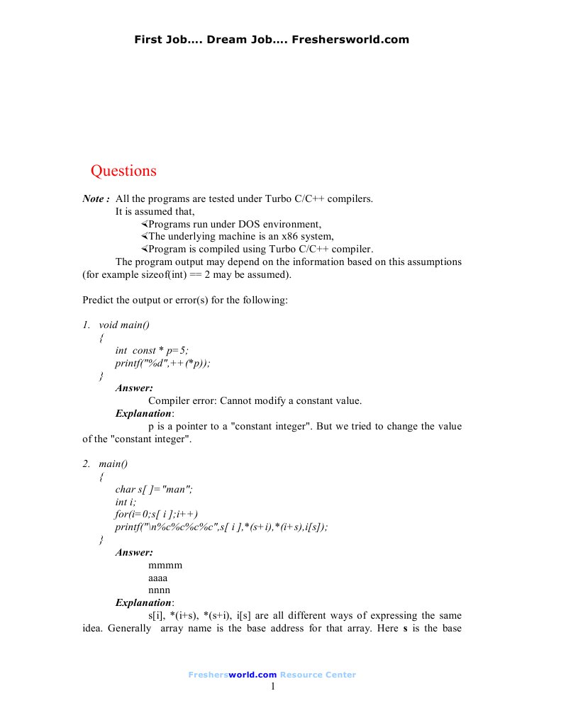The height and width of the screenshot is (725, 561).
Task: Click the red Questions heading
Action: click(x=123, y=171)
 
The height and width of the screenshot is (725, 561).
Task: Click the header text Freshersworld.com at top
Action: click(x=355, y=40)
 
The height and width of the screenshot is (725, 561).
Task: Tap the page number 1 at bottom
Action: click(x=272, y=686)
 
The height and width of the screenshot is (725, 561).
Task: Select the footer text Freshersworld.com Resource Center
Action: click(x=272, y=675)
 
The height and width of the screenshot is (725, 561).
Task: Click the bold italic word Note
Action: click(x=95, y=199)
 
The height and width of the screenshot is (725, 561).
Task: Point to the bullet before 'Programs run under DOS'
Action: click(x=144, y=224)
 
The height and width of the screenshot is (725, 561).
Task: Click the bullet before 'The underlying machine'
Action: click(x=144, y=237)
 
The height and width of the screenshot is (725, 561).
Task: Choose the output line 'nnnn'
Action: click(x=160, y=590)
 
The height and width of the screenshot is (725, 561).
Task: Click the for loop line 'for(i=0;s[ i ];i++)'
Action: click(x=157, y=515)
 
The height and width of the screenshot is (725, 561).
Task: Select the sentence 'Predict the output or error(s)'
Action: click(x=185, y=300)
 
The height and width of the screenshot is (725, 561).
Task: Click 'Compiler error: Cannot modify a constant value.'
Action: click(x=255, y=400)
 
